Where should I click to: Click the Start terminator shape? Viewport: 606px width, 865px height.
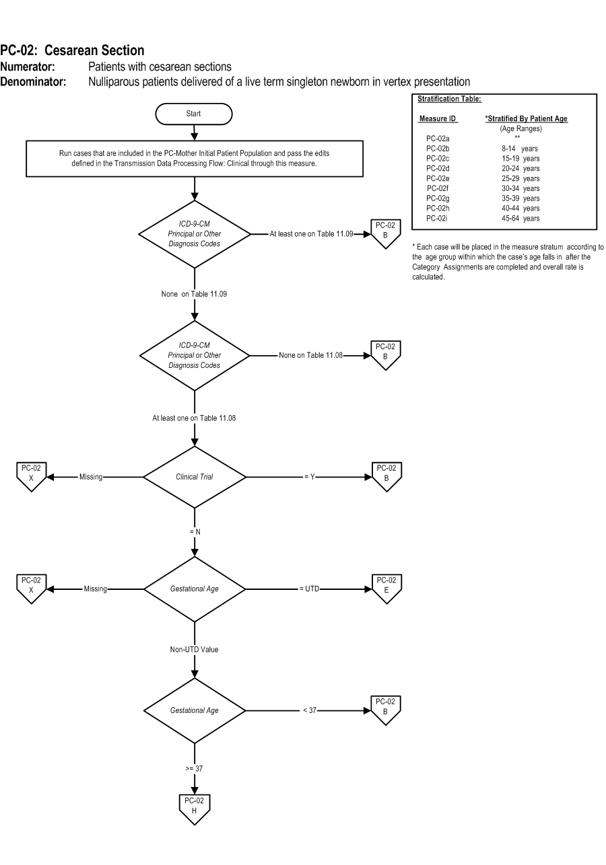coord(194,114)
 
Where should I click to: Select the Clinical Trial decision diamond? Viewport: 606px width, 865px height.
coord(195,477)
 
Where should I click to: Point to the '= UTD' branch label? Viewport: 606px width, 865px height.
coord(310,589)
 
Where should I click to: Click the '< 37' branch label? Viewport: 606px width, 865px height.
coord(310,710)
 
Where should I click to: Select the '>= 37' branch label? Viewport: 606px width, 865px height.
coord(194,768)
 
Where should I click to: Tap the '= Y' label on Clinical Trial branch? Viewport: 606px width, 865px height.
coord(310,477)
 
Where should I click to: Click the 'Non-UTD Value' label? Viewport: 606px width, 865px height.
coord(194,650)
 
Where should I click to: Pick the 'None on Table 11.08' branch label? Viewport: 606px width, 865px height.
coord(310,355)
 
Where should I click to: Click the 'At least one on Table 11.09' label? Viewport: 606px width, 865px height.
coord(311,233)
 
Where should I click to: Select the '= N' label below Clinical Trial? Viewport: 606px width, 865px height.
coord(195,532)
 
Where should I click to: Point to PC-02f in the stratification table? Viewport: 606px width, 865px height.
coord(438,188)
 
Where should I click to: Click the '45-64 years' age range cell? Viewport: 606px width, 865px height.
coord(520,218)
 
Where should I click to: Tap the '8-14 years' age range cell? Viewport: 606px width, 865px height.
coord(520,149)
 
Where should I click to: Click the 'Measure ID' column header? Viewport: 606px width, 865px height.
coord(438,118)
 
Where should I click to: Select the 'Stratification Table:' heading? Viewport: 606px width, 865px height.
coord(449,99)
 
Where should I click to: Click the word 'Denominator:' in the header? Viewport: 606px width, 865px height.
coord(33,82)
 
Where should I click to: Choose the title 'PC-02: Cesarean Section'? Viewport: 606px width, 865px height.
coord(72,50)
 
